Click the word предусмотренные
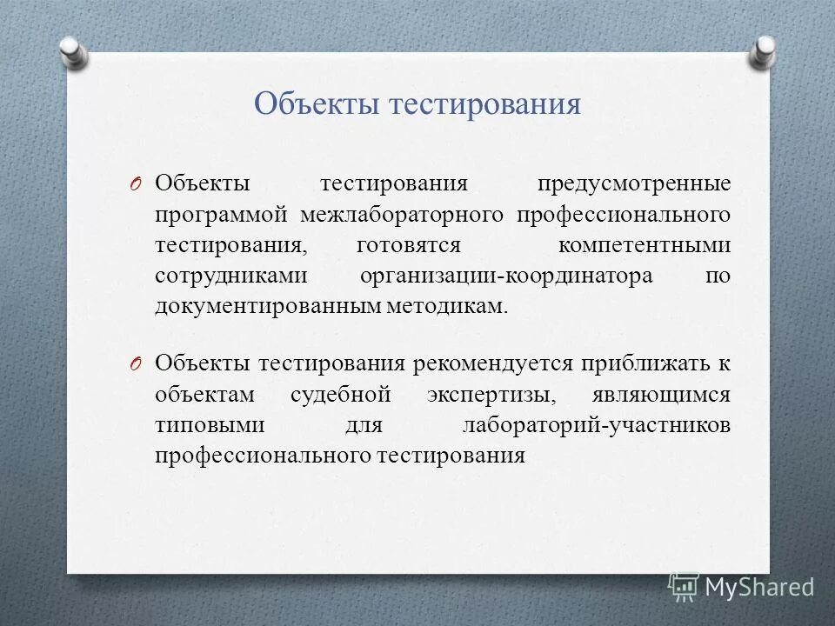pos(633,183)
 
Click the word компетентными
pos(645,244)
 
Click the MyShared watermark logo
pos(741,587)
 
